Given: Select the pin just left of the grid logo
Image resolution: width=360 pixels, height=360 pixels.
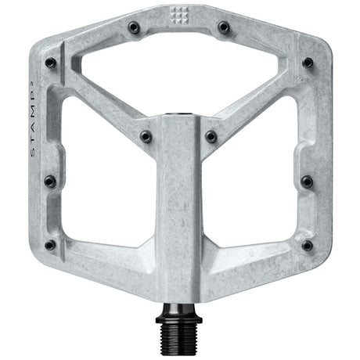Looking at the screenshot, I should coord(133,27).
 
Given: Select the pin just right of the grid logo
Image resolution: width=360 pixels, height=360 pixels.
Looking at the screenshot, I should coord(224,27).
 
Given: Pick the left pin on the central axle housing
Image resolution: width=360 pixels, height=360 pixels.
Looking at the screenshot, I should coord(146,136).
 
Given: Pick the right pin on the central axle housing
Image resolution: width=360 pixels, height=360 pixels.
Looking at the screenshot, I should coord(211,136).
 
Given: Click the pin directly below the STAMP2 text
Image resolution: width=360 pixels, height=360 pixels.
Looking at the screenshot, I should coord(49,181).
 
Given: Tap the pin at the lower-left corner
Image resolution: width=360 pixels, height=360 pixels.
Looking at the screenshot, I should coord(50,245).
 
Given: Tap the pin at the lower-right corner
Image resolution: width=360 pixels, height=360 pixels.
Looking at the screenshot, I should coord(307,245).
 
